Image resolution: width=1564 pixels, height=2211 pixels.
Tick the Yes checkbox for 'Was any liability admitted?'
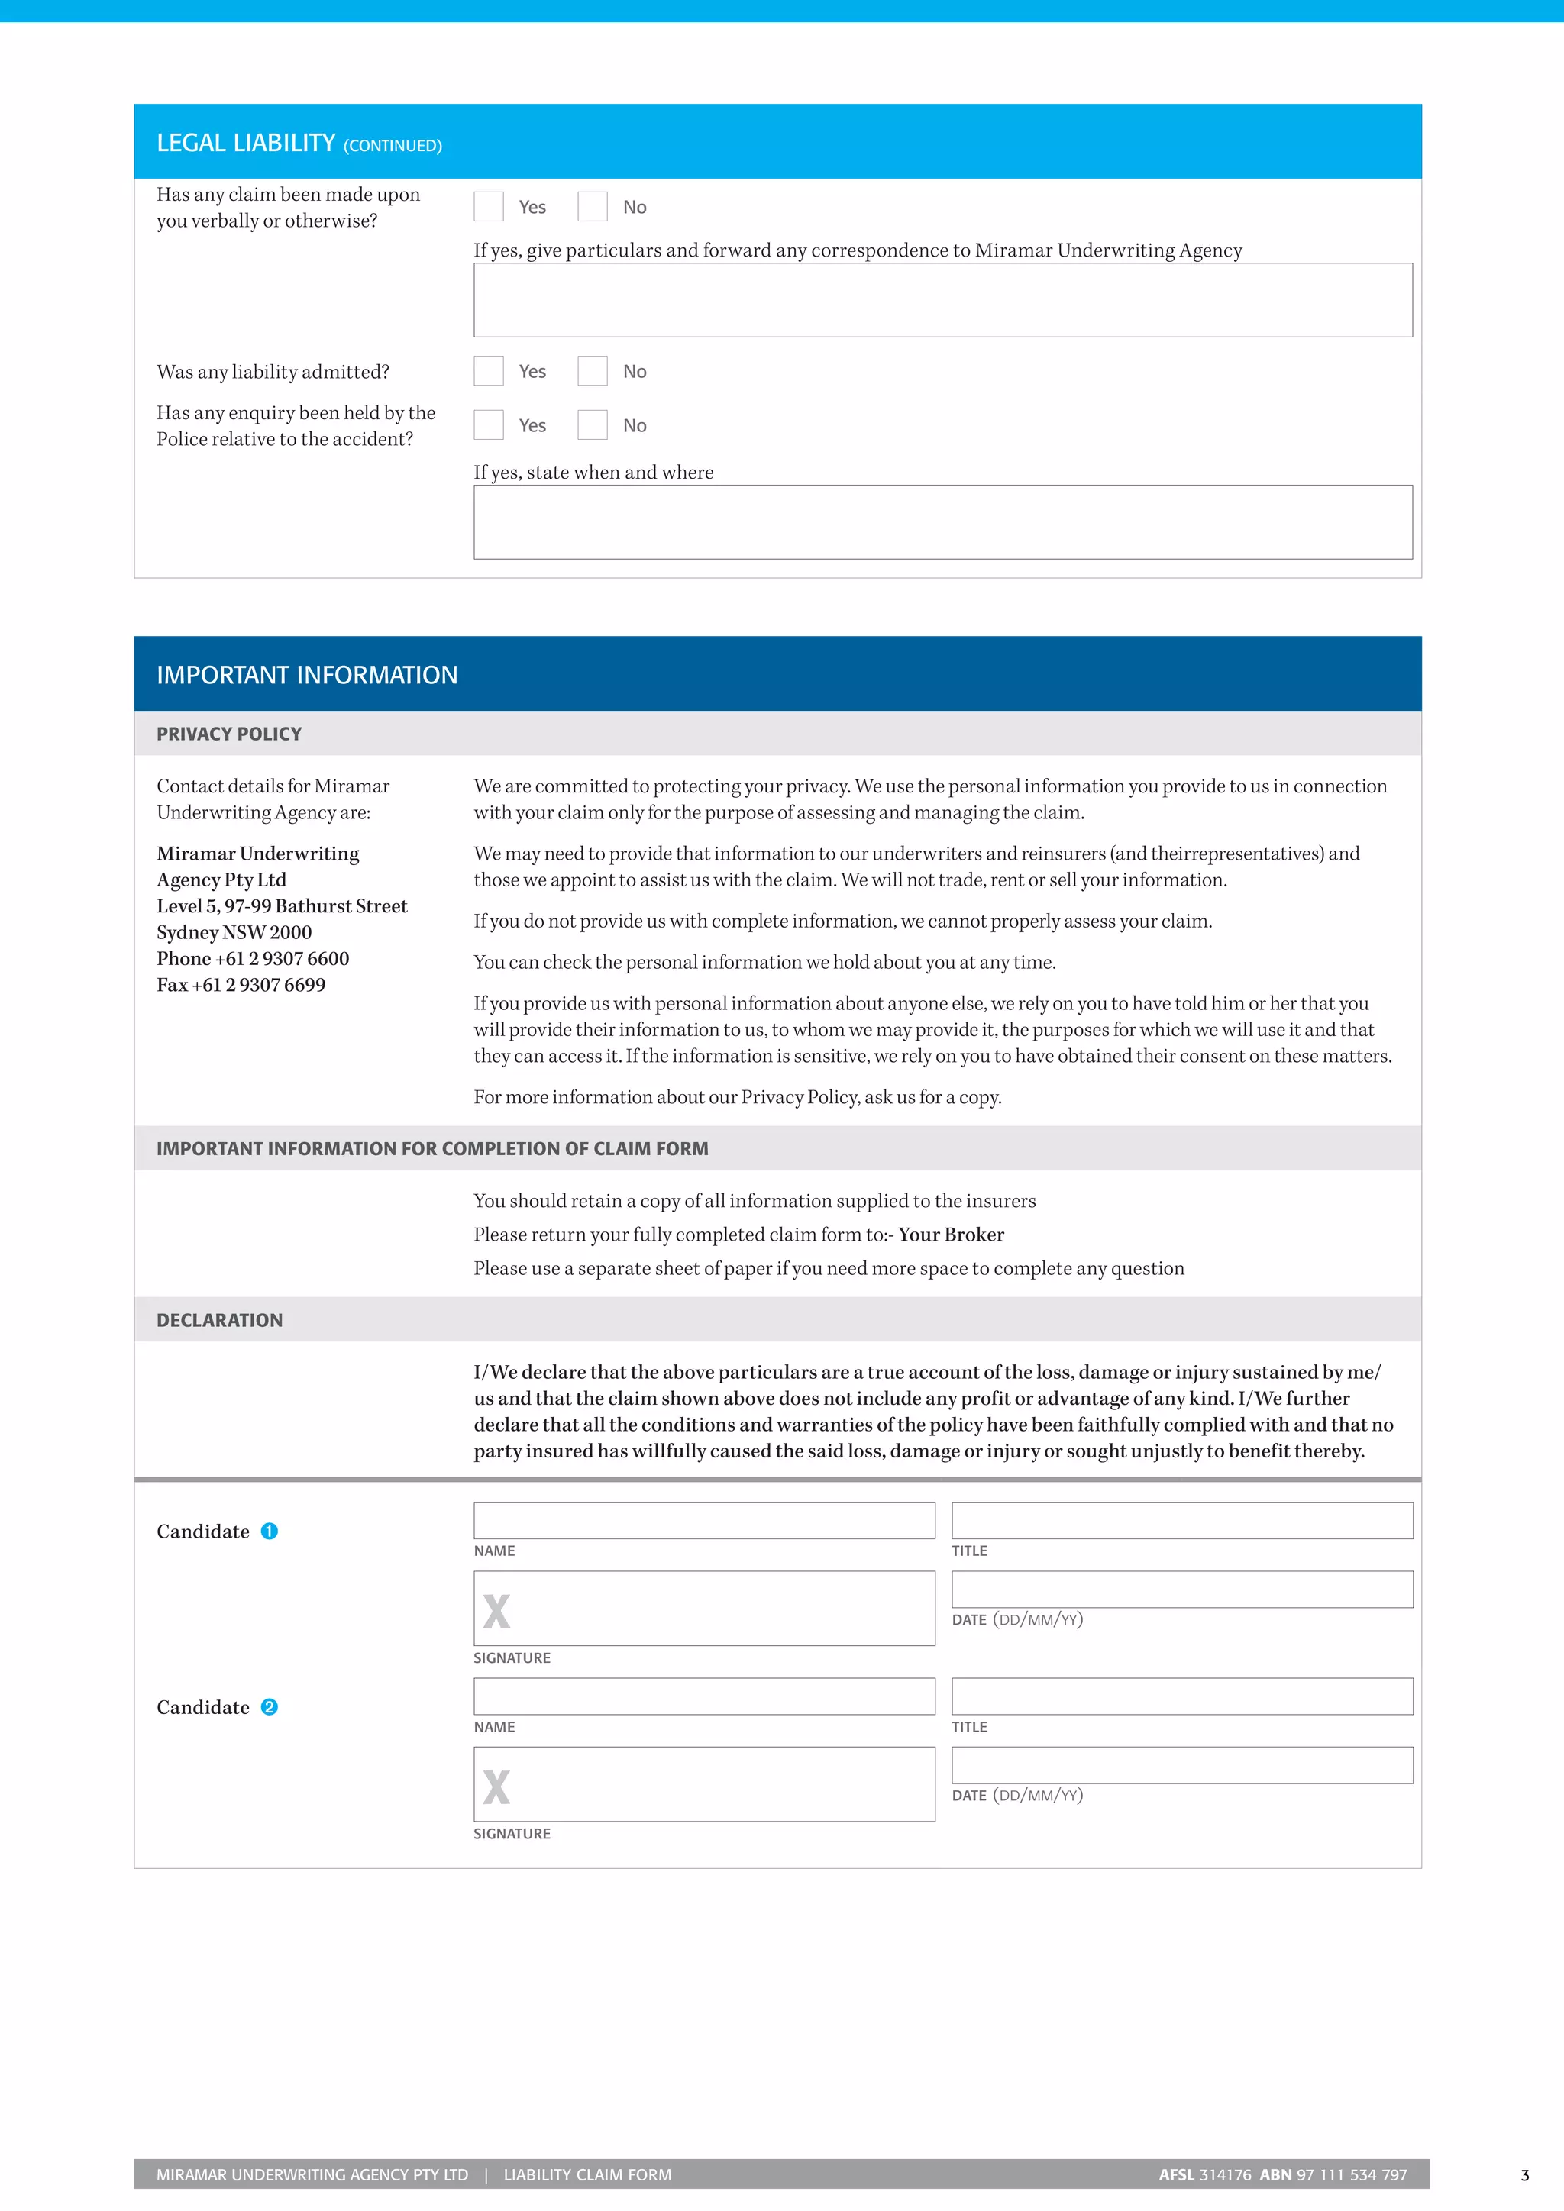point(488,371)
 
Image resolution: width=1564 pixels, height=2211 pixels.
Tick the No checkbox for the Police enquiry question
point(593,424)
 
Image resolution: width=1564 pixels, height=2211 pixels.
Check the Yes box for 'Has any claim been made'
point(488,206)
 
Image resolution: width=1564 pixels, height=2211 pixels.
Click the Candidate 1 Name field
point(704,1521)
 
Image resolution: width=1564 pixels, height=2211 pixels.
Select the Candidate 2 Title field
point(1181,1696)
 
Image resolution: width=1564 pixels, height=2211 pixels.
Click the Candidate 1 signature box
point(704,1608)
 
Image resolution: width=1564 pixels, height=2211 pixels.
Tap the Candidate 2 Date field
point(1181,1765)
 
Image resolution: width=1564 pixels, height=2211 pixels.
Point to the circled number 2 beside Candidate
point(270,1707)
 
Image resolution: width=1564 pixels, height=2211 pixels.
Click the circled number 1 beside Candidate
point(270,1532)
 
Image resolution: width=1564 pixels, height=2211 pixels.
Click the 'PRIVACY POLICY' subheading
point(229,734)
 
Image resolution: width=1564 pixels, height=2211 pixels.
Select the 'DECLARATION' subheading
point(220,1320)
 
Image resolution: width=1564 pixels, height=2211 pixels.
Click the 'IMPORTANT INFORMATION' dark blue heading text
point(307,675)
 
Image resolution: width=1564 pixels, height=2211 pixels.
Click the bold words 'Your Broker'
point(951,1235)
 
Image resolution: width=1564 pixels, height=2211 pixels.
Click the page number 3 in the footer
point(1524,2175)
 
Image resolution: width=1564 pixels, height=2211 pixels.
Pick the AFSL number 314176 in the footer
point(1225,2174)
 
